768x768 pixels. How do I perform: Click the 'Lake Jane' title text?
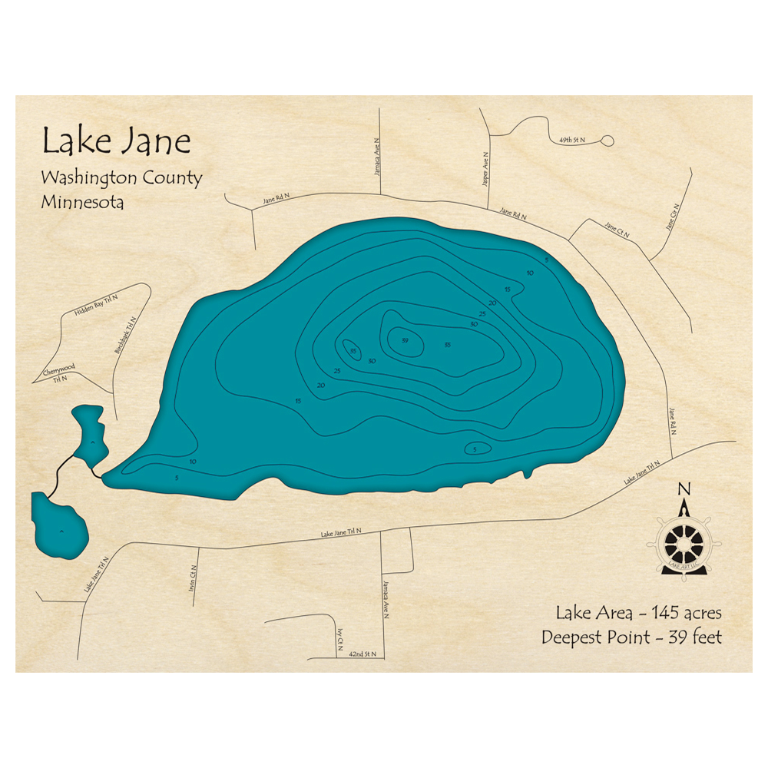pos(116,142)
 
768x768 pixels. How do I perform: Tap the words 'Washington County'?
pos(121,178)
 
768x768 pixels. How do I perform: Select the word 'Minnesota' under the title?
pos(83,203)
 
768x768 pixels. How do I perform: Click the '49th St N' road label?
pos(572,141)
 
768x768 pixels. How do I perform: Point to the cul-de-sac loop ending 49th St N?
pos(607,141)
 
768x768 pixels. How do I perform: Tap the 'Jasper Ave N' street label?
pos(485,167)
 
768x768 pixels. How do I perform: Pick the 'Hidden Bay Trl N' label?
pos(94,305)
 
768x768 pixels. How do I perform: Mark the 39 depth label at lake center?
pos(404,340)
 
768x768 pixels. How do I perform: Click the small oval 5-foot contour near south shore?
pos(475,449)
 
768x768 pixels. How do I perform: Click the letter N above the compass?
pos(684,488)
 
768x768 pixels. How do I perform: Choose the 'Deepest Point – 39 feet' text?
pos(631,637)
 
